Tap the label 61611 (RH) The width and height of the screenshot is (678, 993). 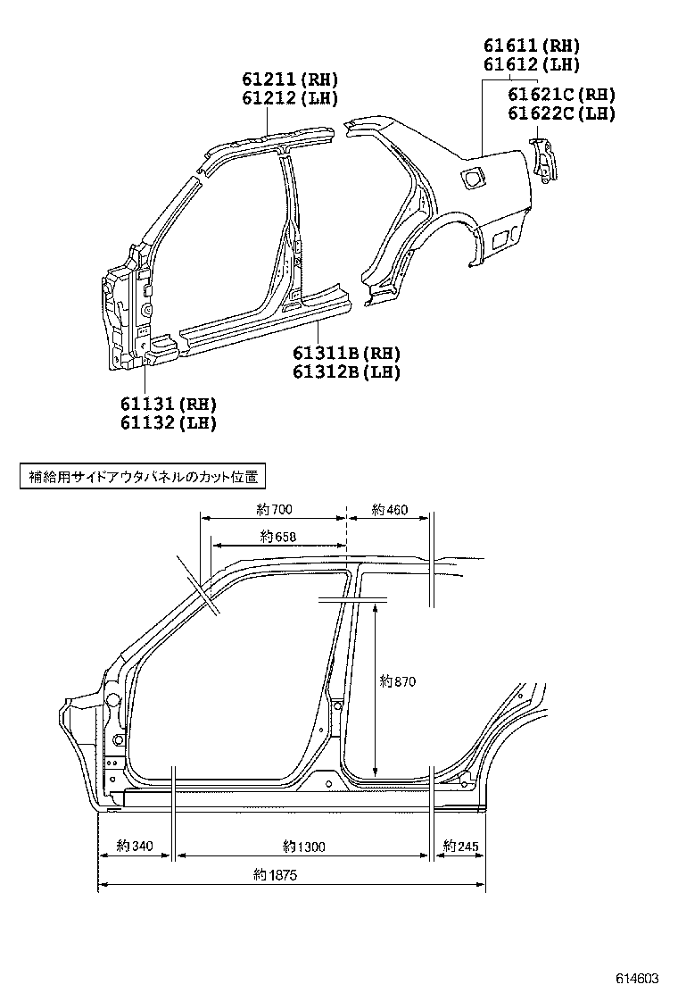click(x=532, y=46)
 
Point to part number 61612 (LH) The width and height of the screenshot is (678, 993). click(x=532, y=64)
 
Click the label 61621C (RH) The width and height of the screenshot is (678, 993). click(x=562, y=95)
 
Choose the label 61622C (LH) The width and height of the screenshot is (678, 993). click(x=562, y=113)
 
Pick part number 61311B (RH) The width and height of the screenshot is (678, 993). click(x=346, y=354)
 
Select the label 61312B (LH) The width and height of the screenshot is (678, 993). click(x=346, y=372)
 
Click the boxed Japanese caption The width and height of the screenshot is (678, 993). click(x=143, y=477)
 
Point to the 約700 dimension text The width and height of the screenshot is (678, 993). click(x=274, y=510)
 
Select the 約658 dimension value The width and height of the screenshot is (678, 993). click(x=278, y=536)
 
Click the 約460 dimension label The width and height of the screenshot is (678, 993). click(x=389, y=510)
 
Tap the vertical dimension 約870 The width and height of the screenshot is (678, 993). click(x=397, y=681)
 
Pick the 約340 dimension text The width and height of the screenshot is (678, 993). click(x=135, y=845)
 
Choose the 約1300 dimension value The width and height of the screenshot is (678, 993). click(x=303, y=845)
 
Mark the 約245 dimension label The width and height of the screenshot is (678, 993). click(x=460, y=845)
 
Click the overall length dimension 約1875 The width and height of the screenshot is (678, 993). click(x=275, y=875)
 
